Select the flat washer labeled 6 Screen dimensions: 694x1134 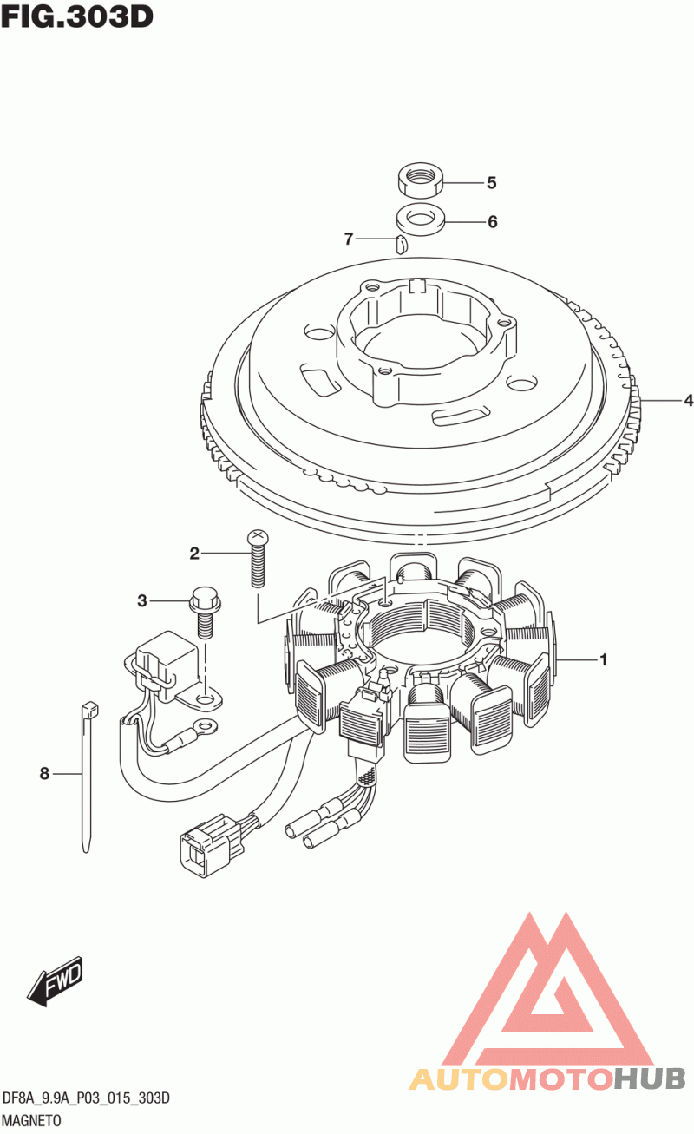point(420,220)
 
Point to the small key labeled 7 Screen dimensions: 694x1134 point(401,244)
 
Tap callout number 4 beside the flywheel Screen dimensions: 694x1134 point(688,401)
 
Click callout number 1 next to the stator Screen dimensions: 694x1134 point(603,659)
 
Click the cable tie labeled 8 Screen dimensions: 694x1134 point(88,776)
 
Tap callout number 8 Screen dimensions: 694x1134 point(44,774)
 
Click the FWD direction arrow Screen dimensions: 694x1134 point(55,981)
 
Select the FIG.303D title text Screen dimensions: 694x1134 point(77,16)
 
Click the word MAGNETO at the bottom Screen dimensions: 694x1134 point(32,1120)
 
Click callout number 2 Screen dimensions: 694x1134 point(194,554)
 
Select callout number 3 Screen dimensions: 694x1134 point(142,601)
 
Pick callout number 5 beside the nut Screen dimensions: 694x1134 point(492,183)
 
